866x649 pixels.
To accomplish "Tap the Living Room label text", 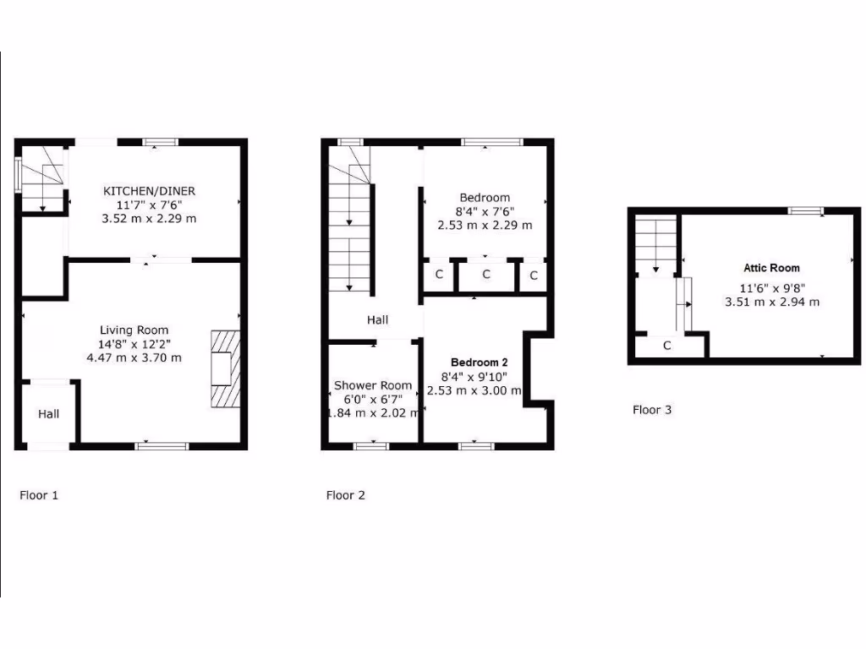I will tap(134, 330).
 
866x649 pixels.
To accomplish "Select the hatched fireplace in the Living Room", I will tap(225, 369).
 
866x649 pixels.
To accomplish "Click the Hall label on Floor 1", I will tap(48, 414).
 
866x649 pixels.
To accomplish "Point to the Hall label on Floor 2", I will tap(377, 320).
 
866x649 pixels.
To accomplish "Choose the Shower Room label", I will tap(373, 385).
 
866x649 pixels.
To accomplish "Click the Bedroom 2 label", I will tap(479, 362).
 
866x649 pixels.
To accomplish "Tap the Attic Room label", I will tap(771, 268).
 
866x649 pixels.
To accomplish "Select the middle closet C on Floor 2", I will tap(486, 275).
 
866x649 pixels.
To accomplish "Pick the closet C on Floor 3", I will tap(666, 346).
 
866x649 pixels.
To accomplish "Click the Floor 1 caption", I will tap(39, 495).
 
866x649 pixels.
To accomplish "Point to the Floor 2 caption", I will tap(345, 495).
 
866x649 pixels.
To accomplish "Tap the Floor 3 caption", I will tap(652, 410).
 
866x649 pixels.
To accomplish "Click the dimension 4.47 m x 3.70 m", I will tap(134, 357).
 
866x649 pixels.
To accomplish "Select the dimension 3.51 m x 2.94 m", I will tap(771, 301).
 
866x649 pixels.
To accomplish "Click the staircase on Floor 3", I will tap(655, 245).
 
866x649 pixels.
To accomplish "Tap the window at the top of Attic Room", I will tap(806, 210).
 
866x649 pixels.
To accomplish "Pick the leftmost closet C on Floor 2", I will tap(439, 275).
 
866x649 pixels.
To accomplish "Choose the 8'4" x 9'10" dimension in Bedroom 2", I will tap(479, 377).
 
